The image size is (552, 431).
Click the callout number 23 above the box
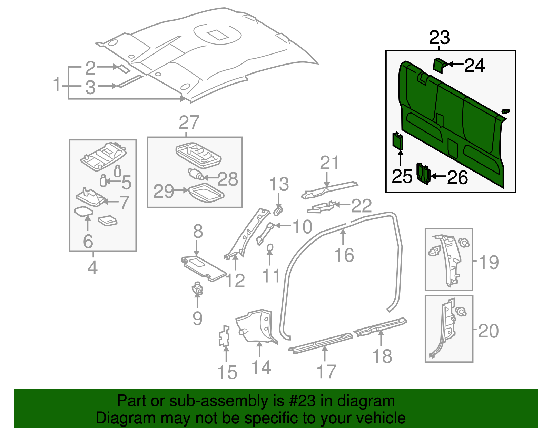click(x=439, y=38)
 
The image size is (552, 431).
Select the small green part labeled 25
click(x=398, y=140)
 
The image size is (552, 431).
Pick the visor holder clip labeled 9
click(x=197, y=288)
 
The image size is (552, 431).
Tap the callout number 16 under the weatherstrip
click(x=344, y=255)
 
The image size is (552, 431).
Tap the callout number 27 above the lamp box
click(x=189, y=123)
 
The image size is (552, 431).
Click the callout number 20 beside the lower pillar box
click(x=488, y=331)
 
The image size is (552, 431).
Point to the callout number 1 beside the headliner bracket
click(x=57, y=85)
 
